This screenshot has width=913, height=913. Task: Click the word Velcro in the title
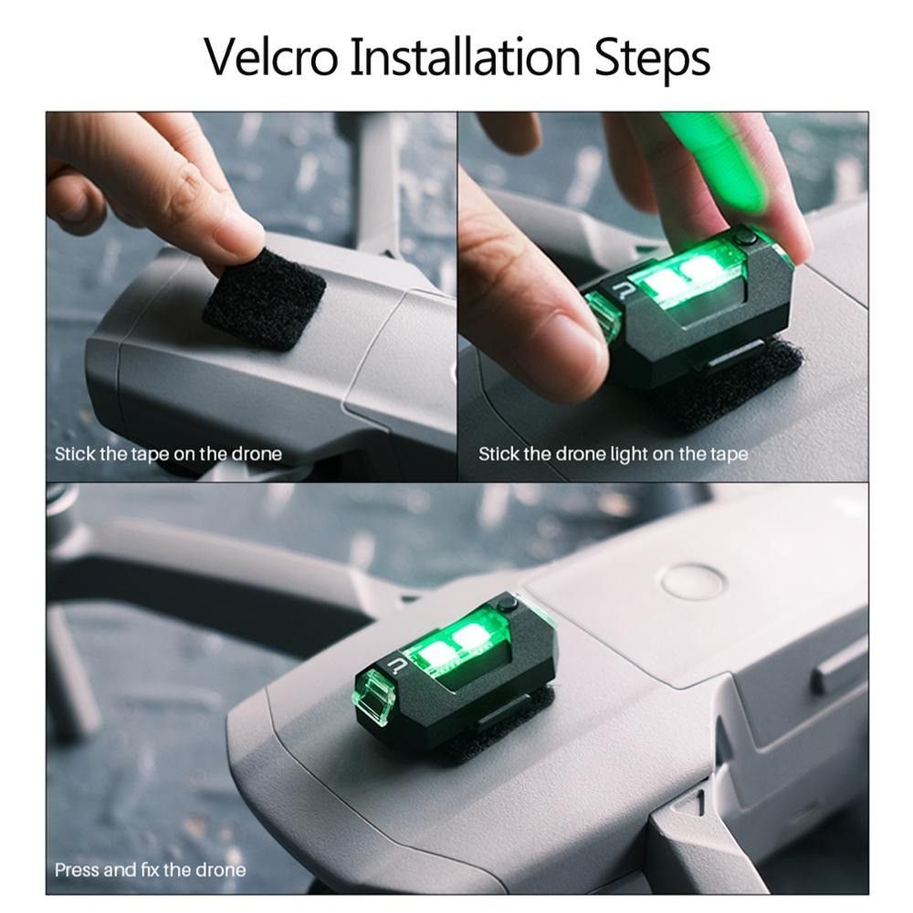click(x=271, y=57)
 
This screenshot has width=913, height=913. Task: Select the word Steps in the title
click(x=652, y=60)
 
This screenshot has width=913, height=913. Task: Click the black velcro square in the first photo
click(x=265, y=299)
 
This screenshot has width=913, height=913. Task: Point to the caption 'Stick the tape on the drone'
click(x=168, y=454)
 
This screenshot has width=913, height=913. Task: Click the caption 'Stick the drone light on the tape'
click(x=614, y=454)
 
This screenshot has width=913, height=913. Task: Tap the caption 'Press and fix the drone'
click(x=151, y=869)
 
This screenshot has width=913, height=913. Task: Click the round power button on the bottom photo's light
click(x=509, y=603)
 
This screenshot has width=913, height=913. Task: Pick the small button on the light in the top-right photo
click(x=743, y=237)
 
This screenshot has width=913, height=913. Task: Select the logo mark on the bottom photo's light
click(x=396, y=665)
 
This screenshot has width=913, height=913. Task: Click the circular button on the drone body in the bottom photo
click(x=694, y=580)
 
